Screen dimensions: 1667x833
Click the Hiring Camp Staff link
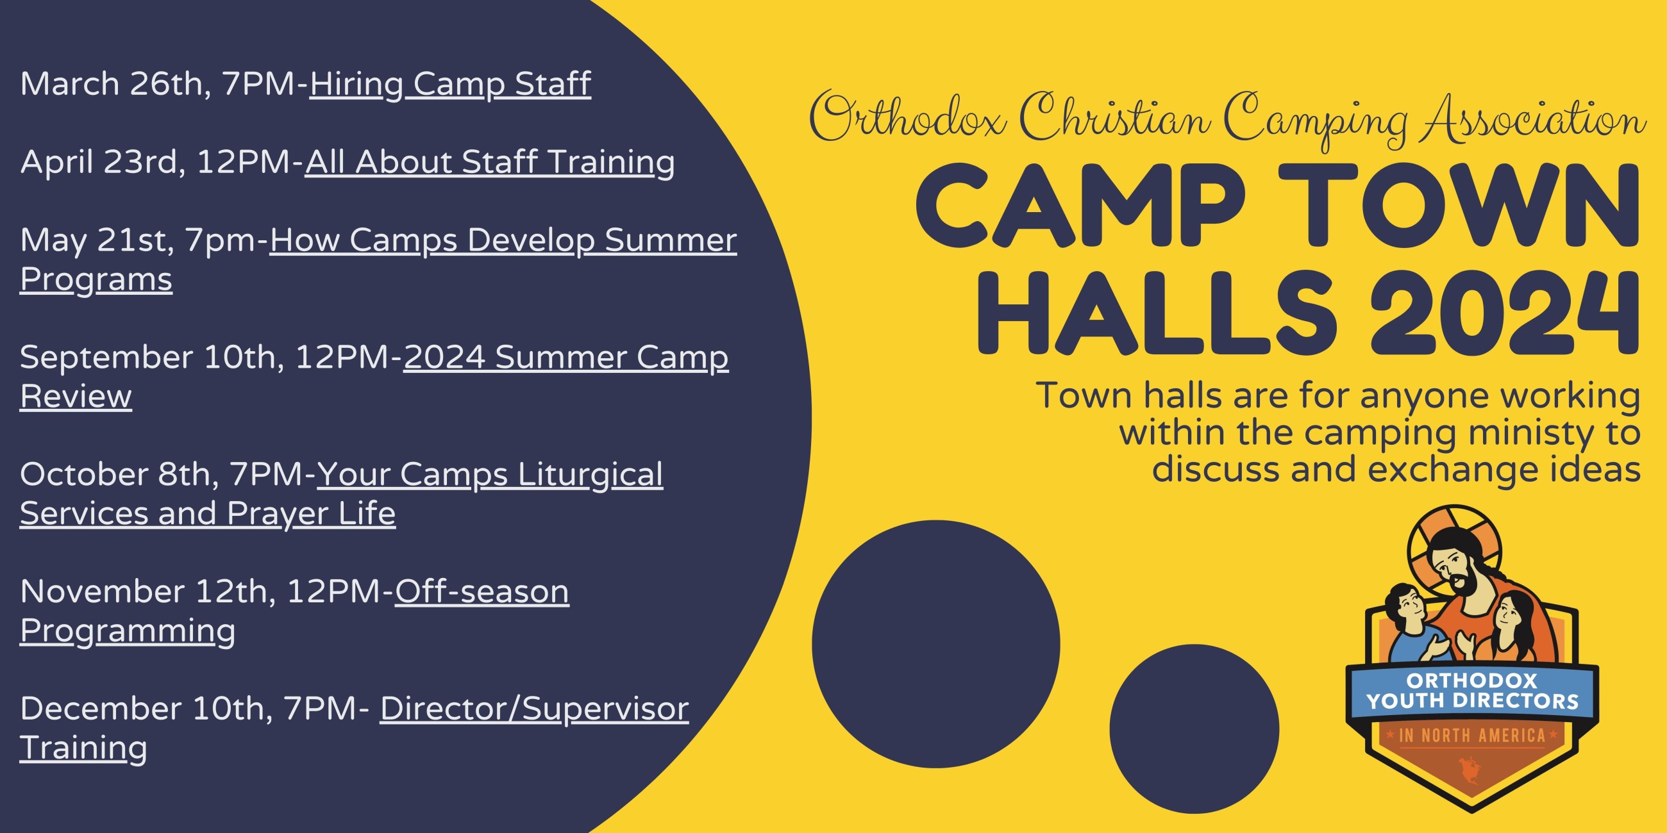tap(450, 85)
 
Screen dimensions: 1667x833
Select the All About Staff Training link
tap(490, 162)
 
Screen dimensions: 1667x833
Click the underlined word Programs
tap(96, 280)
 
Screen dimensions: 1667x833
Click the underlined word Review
tap(76, 397)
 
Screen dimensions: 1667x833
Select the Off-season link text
tap(482, 591)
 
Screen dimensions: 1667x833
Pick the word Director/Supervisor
tap(535, 709)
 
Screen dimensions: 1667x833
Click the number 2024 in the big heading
tap(1505, 313)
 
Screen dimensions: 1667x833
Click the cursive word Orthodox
tap(907, 118)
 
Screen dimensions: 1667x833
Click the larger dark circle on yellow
tap(935, 644)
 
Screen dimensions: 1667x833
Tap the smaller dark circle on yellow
tap(1194, 729)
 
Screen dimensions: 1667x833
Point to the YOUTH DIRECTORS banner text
tap(1472, 701)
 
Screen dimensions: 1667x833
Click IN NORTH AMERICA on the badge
tap(1472, 736)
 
